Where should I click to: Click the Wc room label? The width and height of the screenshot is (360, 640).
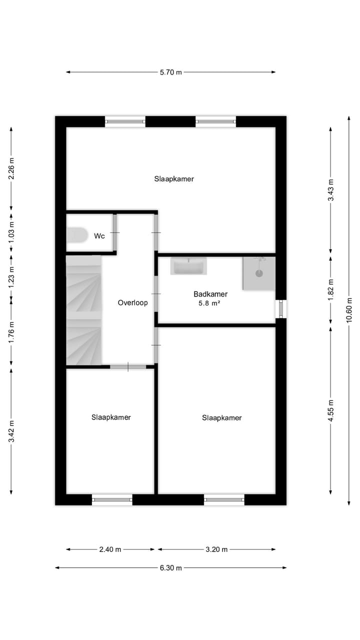point(99,236)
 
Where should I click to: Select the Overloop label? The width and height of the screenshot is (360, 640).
point(132,302)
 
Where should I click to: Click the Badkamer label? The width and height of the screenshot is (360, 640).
point(210,294)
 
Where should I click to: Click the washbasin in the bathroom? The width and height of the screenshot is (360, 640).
point(188,266)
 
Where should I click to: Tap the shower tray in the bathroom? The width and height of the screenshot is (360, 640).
point(259,273)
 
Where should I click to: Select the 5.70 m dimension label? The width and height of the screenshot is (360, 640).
point(171,72)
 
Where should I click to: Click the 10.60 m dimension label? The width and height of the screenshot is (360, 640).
point(349,310)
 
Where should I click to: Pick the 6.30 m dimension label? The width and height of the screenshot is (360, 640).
point(171,567)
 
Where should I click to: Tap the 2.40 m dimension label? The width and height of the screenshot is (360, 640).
point(110,549)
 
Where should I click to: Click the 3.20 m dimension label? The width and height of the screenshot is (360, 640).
point(216,549)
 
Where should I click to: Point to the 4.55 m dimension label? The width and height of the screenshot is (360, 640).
point(330,410)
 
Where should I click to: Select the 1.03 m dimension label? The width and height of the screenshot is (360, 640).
point(11,232)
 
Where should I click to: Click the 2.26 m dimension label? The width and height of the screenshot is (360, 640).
point(11,169)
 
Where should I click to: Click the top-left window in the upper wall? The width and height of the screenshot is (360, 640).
point(125,121)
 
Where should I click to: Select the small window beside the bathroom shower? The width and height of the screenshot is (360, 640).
point(281,308)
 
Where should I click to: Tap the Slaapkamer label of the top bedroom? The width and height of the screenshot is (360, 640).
point(173,178)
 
